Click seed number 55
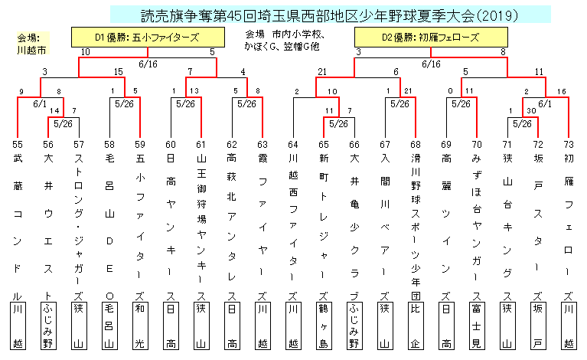tap(18, 144)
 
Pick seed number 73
tap(568, 144)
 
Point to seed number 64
tap(292, 144)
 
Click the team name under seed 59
tap(139, 222)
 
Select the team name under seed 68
tap(415, 222)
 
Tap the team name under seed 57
tap(79, 222)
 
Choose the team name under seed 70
tap(476, 222)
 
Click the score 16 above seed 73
tap(562, 92)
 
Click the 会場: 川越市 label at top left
tap(32, 44)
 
